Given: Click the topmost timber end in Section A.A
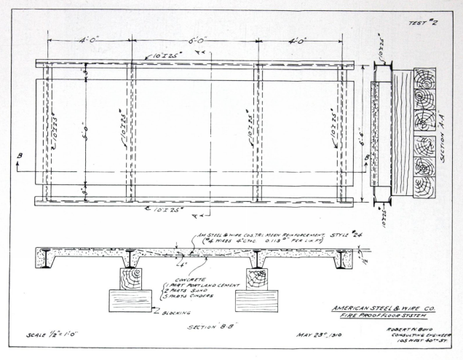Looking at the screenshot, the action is pyautogui.click(x=424, y=78).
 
